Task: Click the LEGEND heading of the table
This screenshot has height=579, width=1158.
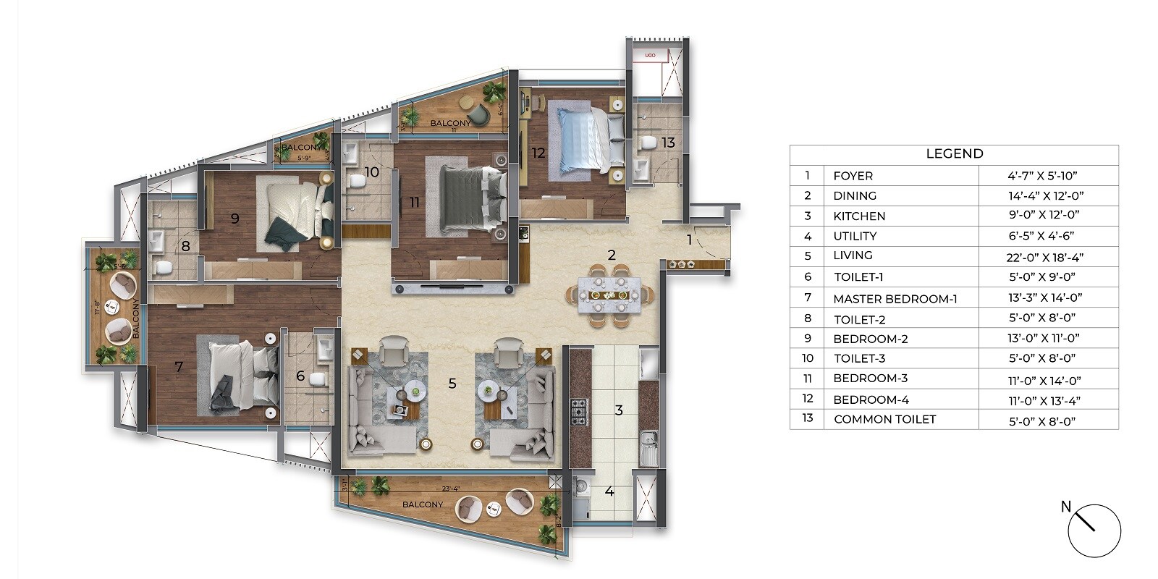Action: (954, 153)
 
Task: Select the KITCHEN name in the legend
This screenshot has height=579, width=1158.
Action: (859, 216)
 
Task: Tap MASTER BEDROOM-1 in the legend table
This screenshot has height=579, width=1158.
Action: (895, 298)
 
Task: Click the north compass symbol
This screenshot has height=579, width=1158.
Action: (1094, 531)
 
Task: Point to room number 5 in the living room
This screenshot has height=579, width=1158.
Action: (452, 384)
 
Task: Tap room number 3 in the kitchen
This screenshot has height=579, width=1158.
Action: (619, 410)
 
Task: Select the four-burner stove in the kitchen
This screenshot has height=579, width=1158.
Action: (579, 411)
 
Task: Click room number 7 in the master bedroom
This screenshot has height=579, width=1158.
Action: (179, 368)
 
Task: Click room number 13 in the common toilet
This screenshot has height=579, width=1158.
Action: (667, 143)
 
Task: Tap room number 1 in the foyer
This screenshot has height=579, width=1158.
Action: (689, 240)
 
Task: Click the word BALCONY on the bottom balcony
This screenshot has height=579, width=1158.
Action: (423, 504)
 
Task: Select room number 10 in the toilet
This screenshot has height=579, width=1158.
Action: (372, 172)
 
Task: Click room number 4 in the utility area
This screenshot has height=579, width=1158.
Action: (609, 491)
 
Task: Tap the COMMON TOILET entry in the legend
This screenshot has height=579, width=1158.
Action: (884, 419)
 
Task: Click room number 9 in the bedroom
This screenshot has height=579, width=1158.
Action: (234, 218)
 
